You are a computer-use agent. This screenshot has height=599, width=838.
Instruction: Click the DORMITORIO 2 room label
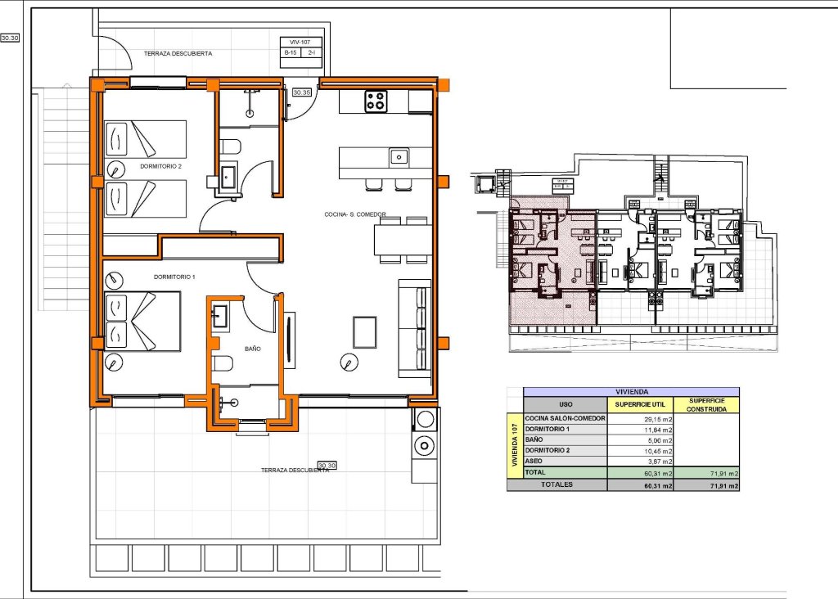tap(160, 167)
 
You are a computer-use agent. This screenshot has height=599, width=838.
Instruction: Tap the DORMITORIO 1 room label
tap(174, 277)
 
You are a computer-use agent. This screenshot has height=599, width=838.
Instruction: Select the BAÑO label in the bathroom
tap(253, 349)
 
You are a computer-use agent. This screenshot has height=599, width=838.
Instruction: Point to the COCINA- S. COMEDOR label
tap(355, 215)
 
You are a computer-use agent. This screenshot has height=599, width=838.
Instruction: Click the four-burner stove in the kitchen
tap(376, 101)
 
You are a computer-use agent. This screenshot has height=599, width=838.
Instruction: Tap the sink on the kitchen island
tap(398, 155)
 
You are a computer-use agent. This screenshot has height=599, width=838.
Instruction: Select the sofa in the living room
tap(413, 328)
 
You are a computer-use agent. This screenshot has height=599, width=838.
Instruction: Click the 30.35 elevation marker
tap(301, 92)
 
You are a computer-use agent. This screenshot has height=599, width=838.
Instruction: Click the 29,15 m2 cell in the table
tap(641, 418)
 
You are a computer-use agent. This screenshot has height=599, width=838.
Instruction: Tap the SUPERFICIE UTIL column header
tap(641, 405)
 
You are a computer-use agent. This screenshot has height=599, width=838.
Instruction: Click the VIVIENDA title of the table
tap(630, 392)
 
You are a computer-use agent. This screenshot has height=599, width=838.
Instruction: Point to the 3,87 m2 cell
tap(641, 461)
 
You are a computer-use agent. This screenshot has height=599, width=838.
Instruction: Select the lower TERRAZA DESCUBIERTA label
tap(295, 471)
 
